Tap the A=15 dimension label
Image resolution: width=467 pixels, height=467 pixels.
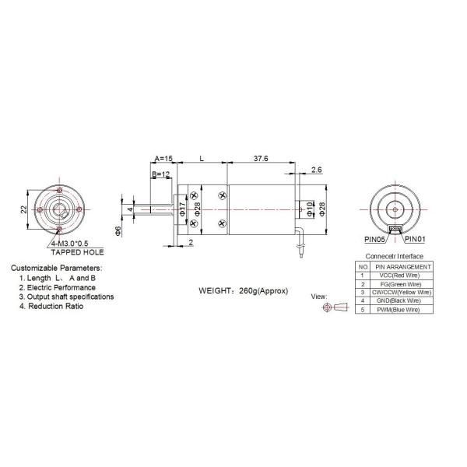click(x=164, y=159)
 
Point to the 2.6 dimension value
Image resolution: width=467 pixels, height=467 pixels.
click(x=316, y=170)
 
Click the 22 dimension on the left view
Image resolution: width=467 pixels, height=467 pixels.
click(x=24, y=209)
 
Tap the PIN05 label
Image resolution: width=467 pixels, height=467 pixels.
click(x=374, y=239)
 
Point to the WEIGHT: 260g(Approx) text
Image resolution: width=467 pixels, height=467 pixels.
click(x=244, y=290)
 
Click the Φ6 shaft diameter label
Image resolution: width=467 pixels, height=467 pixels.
click(x=118, y=230)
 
